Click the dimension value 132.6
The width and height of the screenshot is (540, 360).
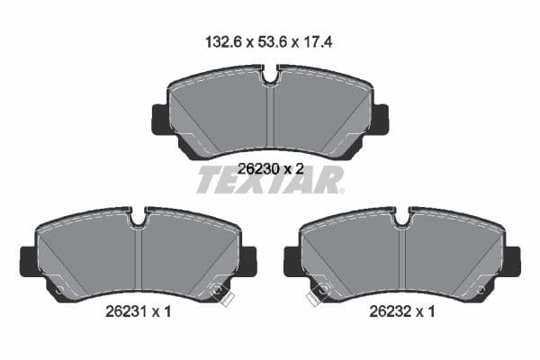pos(222,42)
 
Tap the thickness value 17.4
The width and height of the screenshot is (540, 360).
pos(318,42)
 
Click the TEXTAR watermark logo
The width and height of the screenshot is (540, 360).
pos(270,180)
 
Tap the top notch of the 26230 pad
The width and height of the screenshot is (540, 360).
pos(271,75)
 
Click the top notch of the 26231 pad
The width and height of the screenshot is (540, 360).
pos(139,218)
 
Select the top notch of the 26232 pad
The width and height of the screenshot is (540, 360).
pos(402,218)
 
